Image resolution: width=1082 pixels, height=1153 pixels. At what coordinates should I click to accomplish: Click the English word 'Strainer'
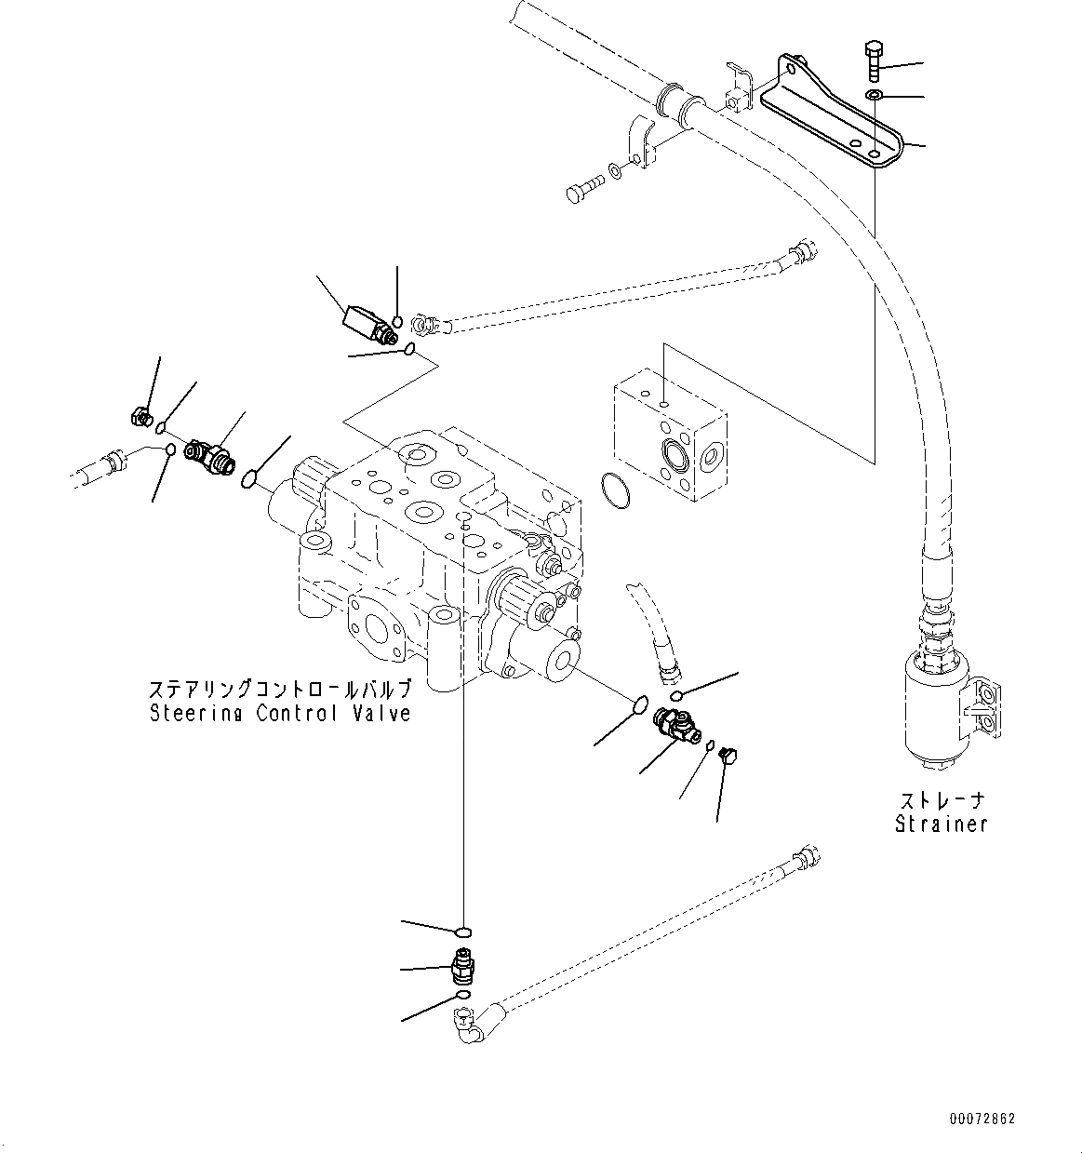click(941, 824)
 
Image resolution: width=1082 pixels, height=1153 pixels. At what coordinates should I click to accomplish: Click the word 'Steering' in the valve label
click(189, 714)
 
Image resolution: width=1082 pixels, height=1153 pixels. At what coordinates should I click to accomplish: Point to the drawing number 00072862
click(982, 1118)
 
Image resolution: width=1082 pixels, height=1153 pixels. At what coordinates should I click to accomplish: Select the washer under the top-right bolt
click(874, 96)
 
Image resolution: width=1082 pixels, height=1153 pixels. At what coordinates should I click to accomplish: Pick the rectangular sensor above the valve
click(364, 323)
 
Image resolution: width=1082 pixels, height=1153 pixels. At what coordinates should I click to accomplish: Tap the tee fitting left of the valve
click(210, 455)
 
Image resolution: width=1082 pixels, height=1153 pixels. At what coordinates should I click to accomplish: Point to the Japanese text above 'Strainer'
click(941, 800)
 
